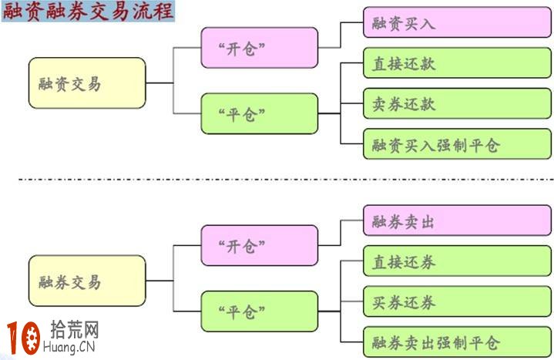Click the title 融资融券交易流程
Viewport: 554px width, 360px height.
click(x=88, y=12)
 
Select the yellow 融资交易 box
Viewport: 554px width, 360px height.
click(x=87, y=82)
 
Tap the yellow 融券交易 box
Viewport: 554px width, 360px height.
click(x=87, y=281)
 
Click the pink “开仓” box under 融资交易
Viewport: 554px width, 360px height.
click(x=259, y=48)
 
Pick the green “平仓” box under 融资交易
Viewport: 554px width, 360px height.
click(x=259, y=114)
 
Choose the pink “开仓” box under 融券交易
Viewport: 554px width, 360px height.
click(x=259, y=246)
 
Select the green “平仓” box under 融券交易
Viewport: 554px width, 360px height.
click(x=259, y=311)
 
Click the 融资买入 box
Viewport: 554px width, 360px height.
click(x=457, y=24)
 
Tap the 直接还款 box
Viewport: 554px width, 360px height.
click(x=457, y=63)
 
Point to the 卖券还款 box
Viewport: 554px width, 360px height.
click(x=457, y=103)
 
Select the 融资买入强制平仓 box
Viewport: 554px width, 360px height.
click(x=457, y=144)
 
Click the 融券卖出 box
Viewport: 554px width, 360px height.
click(x=457, y=221)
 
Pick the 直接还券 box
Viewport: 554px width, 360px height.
click(x=457, y=261)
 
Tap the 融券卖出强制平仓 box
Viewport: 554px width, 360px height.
click(x=457, y=341)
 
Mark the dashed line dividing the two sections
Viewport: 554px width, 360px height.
click(x=277, y=180)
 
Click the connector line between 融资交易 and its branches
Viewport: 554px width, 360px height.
click(x=159, y=82)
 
